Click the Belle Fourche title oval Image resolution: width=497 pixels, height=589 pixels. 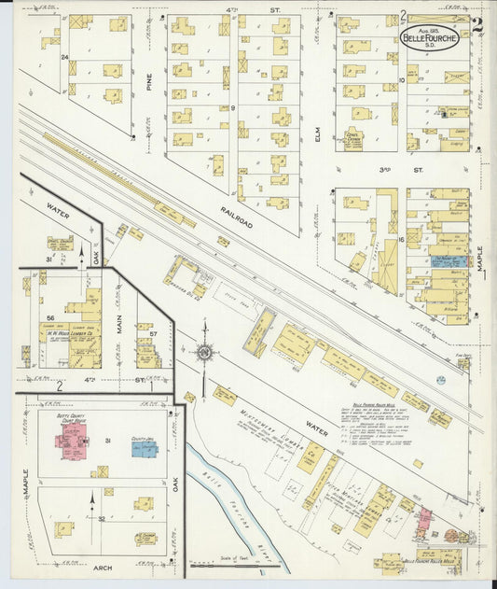coord(430,37)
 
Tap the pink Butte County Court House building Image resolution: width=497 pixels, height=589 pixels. coord(71,440)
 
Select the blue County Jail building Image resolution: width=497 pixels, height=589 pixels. coord(145,448)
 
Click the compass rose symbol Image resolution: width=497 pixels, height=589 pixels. coord(204,353)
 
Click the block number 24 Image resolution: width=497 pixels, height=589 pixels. coord(64,58)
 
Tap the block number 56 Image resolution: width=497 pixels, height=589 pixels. coord(50,318)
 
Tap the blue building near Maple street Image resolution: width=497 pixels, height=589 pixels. coord(450,262)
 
